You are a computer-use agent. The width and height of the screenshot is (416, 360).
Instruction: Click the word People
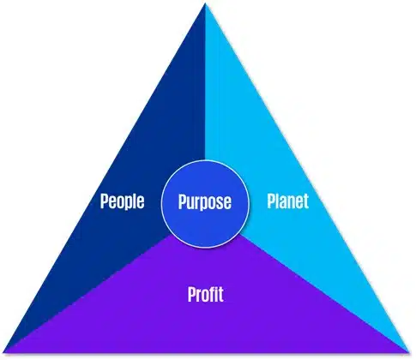click(x=122, y=201)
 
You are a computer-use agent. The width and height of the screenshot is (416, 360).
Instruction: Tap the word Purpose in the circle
click(x=205, y=202)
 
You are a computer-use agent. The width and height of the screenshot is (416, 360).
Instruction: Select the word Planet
click(x=288, y=201)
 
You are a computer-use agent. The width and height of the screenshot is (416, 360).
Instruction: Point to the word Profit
click(x=206, y=294)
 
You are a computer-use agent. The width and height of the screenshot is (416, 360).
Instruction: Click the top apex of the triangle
click(x=205, y=3)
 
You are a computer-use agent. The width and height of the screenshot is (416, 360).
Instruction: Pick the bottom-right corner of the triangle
click(x=410, y=352)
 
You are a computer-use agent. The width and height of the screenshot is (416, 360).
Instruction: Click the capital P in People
click(x=105, y=201)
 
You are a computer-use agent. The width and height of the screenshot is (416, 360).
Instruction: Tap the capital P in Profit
click(x=192, y=294)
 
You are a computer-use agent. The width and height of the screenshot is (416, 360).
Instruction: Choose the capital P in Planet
click(x=271, y=201)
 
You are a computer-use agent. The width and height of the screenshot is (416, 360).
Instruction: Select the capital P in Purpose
click(x=183, y=201)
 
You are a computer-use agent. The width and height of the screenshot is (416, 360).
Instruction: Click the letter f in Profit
click(x=213, y=294)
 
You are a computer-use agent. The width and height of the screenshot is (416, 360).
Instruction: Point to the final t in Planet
click(x=306, y=201)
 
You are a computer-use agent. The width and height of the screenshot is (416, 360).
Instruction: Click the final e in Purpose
click(x=227, y=203)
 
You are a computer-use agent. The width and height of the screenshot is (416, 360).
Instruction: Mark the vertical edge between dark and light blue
click(x=205, y=81)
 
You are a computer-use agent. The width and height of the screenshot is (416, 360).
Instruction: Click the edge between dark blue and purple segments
click(x=87, y=294)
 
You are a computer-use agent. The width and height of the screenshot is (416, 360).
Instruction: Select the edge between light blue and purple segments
click(x=325, y=294)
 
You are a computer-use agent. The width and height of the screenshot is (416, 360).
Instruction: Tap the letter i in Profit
click(x=217, y=294)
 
